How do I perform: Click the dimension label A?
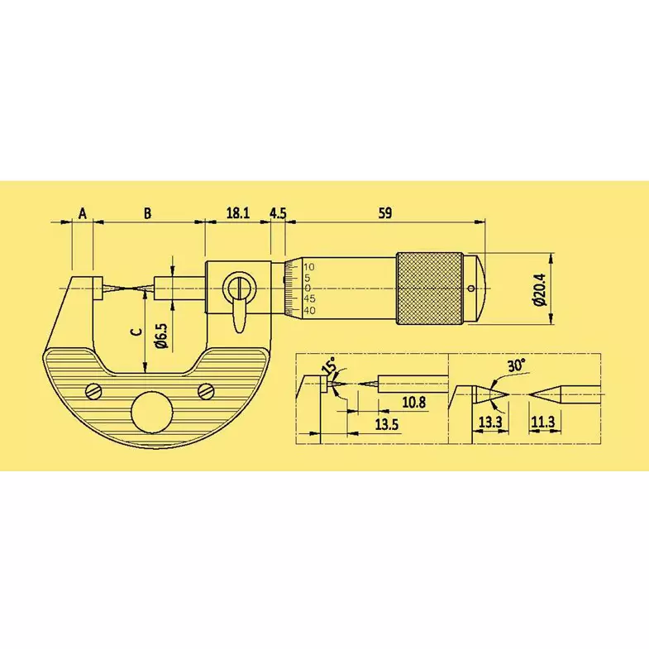82,213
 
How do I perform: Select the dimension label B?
147,213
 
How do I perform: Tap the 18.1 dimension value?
237,213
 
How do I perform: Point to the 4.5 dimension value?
278,213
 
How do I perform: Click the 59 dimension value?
384,213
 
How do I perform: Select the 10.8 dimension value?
413,402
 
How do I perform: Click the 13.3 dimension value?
491,422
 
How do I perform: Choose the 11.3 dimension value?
543,422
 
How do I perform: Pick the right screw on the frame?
207,389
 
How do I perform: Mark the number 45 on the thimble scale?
309,298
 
